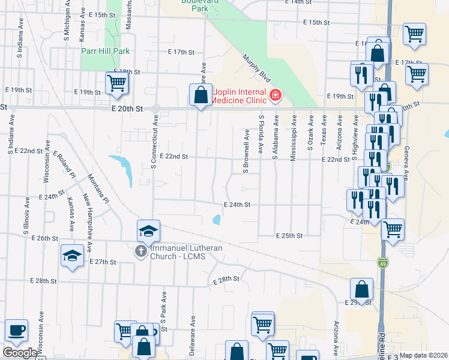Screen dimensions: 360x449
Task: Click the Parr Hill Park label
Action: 106,51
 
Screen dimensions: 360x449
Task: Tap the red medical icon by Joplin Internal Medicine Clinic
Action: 276,94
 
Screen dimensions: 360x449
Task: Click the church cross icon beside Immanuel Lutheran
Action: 140,251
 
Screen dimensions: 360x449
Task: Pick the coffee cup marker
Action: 17,330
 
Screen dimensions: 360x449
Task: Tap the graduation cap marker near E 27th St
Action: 72,256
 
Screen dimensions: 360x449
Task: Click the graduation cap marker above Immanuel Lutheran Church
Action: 149,230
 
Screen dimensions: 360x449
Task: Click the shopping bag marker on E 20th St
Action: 200,95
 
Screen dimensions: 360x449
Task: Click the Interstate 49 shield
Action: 382,262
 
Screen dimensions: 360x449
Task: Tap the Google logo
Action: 20,353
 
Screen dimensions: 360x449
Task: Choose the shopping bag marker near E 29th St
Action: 362,288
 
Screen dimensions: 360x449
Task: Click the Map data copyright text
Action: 424,355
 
